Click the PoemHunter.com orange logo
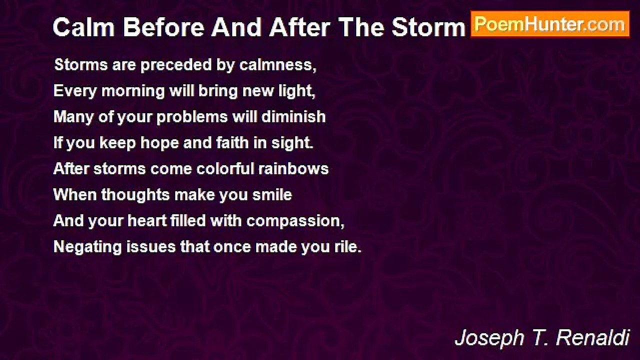(x=550, y=24)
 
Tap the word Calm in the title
(x=83, y=27)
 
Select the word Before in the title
(x=164, y=27)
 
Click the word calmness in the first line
(x=277, y=65)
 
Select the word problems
(x=192, y=117)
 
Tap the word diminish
(x=293, y=117)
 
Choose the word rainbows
(x=293, y=169)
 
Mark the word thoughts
(x=135, y=195)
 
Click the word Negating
(x=87, y=247)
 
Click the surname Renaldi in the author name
(x=593, y=337)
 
